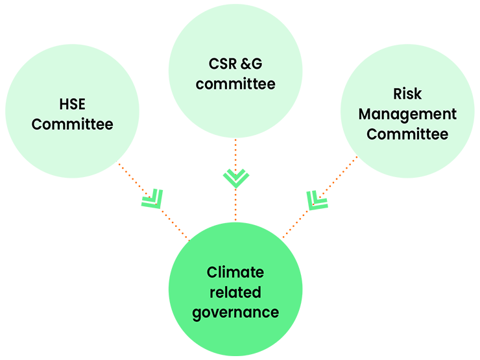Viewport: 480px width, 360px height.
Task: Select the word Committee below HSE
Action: click(x=72, y=124)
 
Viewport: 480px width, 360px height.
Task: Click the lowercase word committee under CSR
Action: click(x=235, y=84)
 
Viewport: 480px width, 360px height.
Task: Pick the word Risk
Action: click(x=407, y=94)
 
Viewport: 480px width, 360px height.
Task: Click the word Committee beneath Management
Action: click(x=407, y=134)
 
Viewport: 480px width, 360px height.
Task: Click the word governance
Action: click(x=235, y=313)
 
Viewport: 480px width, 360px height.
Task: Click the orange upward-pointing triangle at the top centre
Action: click(x=235, y=150)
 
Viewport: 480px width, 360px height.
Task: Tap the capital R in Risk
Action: click(x=398, y=94)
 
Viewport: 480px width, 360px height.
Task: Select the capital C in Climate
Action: click(x=211, y=272)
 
